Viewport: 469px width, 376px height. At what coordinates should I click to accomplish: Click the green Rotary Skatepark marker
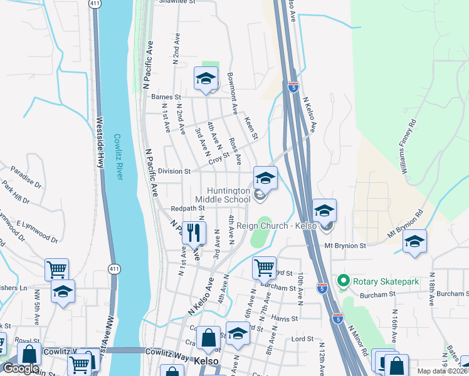(342, 281)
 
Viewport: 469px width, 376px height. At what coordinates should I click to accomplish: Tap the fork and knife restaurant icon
(194, 233)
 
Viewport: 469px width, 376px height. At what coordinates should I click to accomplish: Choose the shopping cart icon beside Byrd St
(265, 268)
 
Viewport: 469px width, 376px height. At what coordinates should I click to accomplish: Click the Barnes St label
(166, 97)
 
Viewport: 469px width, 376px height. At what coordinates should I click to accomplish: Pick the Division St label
(174, 171)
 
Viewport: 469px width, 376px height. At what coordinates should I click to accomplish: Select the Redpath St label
(187, 207)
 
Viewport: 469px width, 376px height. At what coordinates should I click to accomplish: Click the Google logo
(20, 369)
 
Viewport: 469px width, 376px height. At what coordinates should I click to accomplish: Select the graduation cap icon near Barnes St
(205, 79)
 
